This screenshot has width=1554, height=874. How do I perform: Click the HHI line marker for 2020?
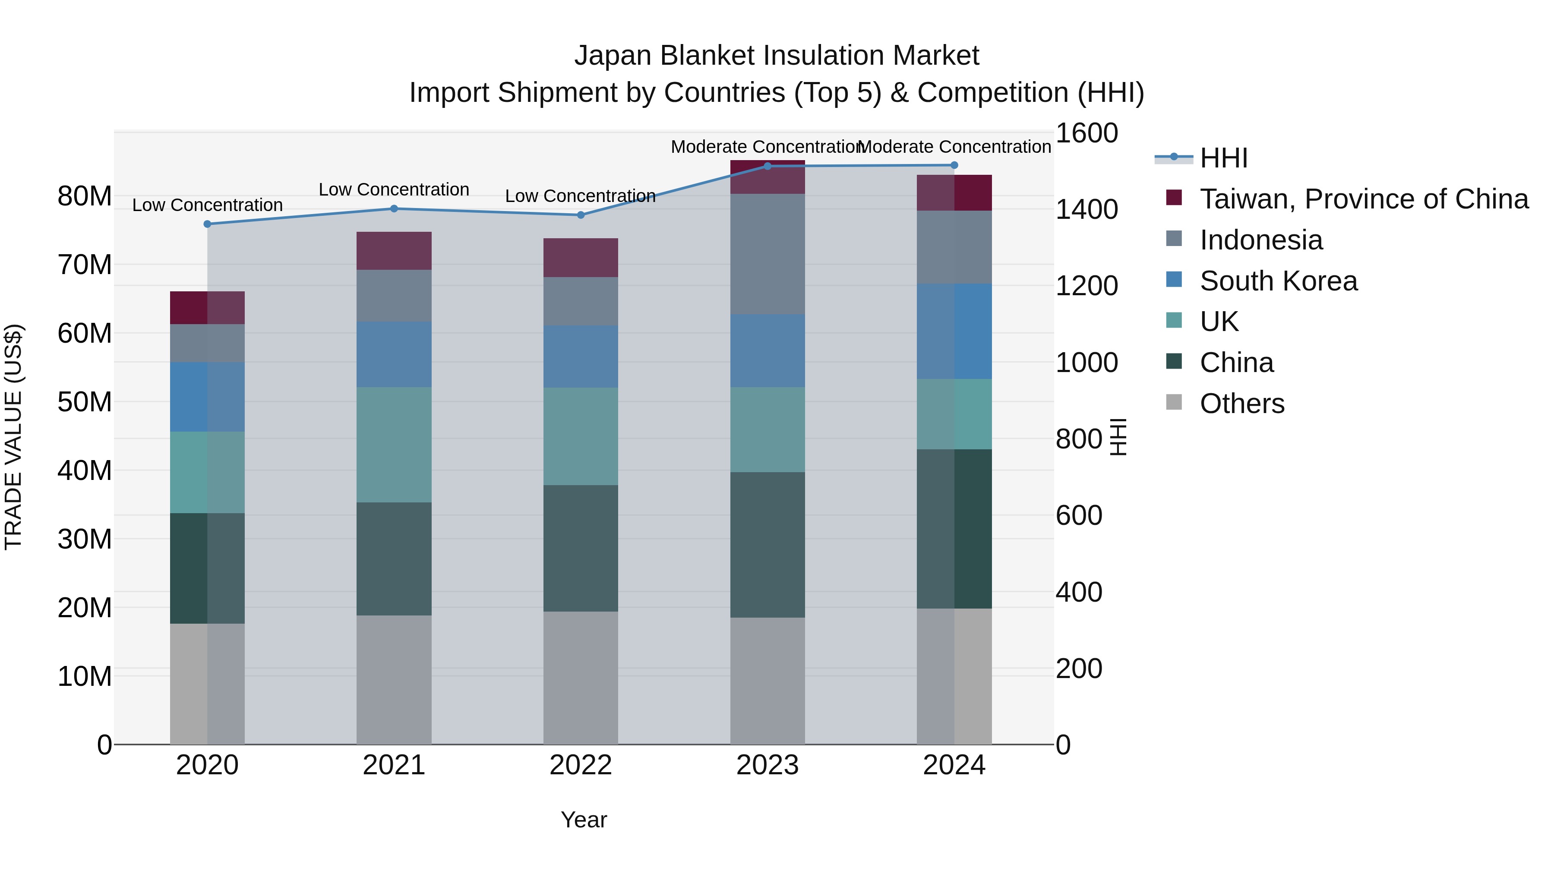(x=208, y=224)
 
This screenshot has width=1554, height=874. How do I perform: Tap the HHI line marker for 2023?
(x=768, y=166)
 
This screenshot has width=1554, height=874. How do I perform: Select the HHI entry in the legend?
(x=1223, y=158)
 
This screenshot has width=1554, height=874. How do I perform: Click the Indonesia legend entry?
(x=1261, y=240)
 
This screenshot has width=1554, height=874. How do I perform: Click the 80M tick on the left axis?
(x=85, y=196)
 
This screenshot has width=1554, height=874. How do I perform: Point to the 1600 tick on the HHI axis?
(x=1087, y=133)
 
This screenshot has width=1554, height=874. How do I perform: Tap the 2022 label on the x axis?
(x=580, y=765)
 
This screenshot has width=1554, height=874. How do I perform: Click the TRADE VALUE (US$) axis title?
(x=13, y=437)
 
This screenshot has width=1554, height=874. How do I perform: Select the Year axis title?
(x=583, y=820)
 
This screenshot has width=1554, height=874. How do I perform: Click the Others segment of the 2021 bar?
(x=394, y=679)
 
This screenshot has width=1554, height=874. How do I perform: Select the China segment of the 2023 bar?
(x=768, y=544)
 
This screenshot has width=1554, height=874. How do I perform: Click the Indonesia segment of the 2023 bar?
(x=768, y=253)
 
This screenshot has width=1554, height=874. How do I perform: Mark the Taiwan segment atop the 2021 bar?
(x=394, y=250)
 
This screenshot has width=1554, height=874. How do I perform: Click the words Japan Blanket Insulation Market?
(x=777, y=56)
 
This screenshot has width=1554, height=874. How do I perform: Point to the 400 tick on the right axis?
(x=1079, y=592)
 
